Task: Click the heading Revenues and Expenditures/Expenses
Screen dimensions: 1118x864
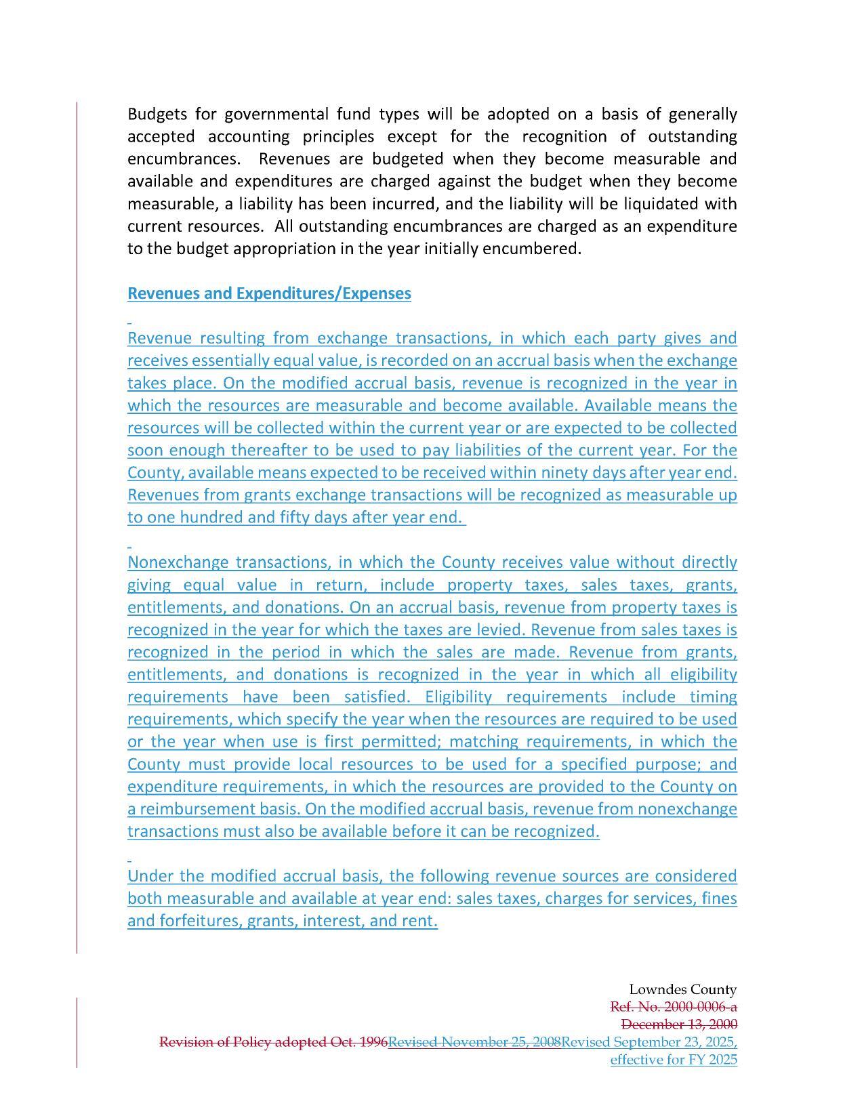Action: pos(269,293)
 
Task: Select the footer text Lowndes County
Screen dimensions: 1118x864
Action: pos(682,989)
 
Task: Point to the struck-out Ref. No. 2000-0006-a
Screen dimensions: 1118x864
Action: pos(673,1007)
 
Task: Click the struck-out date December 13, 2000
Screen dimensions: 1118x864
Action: pos(678,1024)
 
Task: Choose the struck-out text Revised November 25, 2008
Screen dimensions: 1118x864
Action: pos(474,1042)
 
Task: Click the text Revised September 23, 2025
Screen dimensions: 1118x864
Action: pos(649,1042)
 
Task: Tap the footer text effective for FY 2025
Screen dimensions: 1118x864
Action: pos(673,1060)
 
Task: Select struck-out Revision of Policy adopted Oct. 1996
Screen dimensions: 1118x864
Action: pos(273,1042)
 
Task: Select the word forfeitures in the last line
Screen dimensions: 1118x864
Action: pos(199,921)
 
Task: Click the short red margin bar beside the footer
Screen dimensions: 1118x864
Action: pos(77,1032)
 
